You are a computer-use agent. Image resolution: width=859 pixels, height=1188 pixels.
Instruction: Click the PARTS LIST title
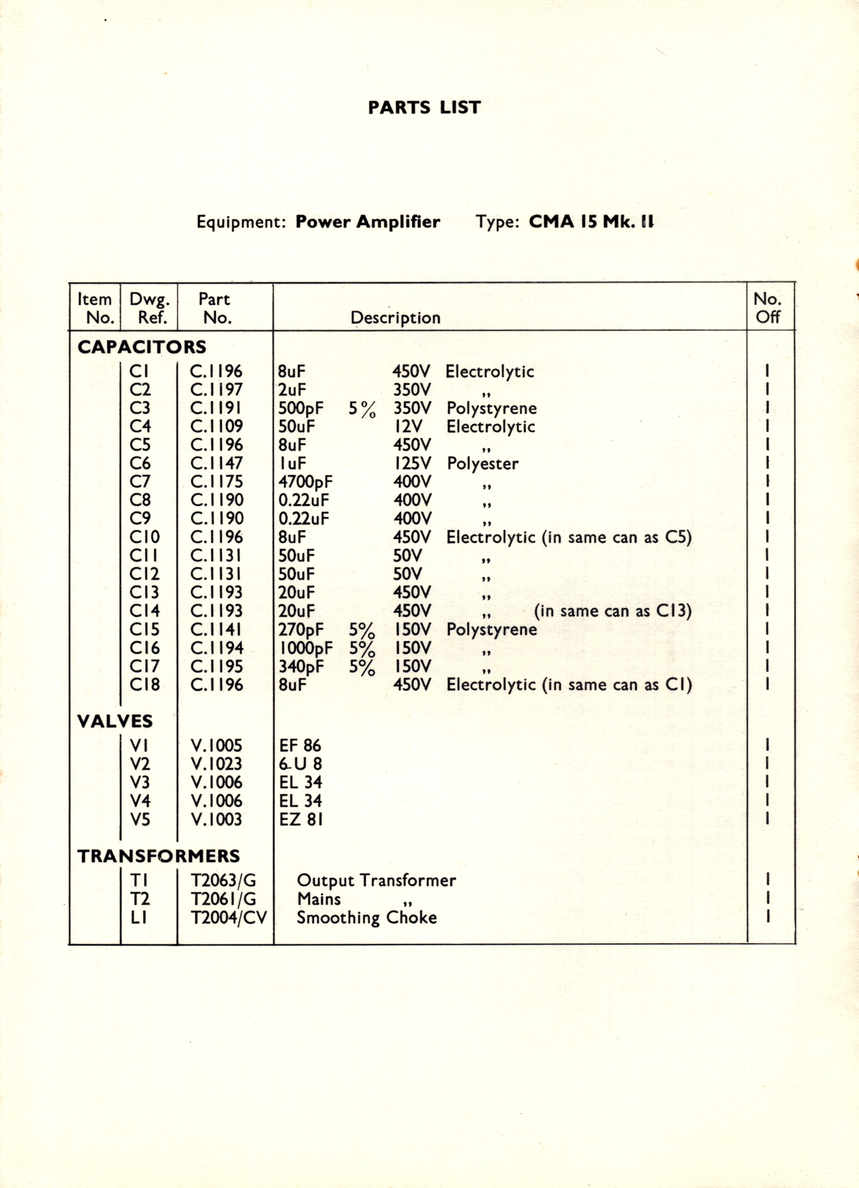click(424, 107)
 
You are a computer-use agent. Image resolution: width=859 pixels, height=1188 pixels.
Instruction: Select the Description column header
click(395, 318)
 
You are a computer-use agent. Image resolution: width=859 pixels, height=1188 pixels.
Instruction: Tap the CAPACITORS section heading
click(142, 347)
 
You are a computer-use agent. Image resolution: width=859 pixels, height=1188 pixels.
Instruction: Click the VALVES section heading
click(115, 721)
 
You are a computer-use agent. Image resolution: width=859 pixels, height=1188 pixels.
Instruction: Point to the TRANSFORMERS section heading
click(159, 856)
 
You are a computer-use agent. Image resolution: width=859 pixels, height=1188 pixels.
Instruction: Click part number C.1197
click(216, 390)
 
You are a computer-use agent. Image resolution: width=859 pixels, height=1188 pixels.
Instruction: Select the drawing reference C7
click(140, 482)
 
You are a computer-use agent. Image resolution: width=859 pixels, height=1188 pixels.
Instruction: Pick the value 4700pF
click(305, 482)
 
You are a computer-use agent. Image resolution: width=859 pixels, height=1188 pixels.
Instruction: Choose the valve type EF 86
click(300, 745)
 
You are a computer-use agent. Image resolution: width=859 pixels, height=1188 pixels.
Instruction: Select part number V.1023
click(216, 764)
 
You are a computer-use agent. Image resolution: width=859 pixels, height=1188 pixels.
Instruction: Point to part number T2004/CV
click(228, 917)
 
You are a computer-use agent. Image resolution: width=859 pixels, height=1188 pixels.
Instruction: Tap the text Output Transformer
click(376, 881)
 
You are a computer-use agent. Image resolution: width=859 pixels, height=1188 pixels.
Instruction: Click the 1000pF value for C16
click(306, 648)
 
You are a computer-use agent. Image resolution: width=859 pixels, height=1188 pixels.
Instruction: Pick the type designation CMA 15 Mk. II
click(591, 222)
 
